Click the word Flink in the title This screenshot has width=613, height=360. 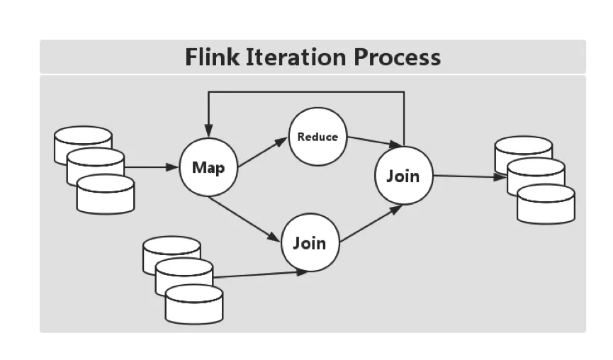pyautogui.click(x=212, y=57)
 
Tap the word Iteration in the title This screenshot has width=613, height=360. pyautogui.click(x=296, y=57)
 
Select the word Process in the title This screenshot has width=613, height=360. pyautogui.click(x=397, y=57)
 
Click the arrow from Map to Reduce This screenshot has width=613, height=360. pyautogui.click(x=262, y=152)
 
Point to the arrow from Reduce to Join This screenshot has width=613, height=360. pyautogui.click(x=374, y=142)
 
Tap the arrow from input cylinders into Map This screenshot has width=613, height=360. pyautogui.click(x=151, y=167)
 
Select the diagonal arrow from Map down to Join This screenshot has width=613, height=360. pyautogui.click(x=244, y=219)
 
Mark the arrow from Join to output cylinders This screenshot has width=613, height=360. pyautogui.click(x=470, y=176)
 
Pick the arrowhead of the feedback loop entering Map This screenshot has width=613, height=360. pyautogui.click(x=208, y=131)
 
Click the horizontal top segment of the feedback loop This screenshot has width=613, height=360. pyautogui.click(x=306, y=92)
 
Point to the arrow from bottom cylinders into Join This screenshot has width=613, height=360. pyautogui.click(x=260, y=274)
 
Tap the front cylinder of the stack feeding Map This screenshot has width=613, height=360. pyautogui.click(x=106, y=194)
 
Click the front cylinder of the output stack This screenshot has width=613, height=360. pyautogui.click(x=546, y=204)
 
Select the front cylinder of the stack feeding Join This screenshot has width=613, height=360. pyautogui.click(x=194, y=304)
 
